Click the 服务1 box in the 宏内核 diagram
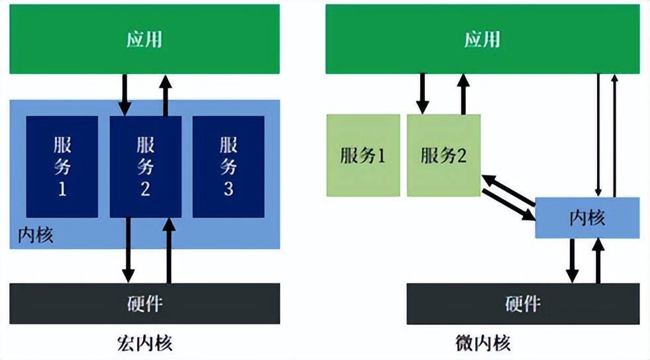click(x=62, y=166)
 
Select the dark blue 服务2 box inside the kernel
click(x=145, y=166)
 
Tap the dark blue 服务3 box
click(x=228, y=166)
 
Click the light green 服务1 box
click(x=363, y=156)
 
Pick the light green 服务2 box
click(x=443, y=156)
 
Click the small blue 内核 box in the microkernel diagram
click(x=587, y=218)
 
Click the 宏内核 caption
click(x=144, y=343)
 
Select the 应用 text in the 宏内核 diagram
click(x=144, y=40)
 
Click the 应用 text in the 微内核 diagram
click(x=482, y=40)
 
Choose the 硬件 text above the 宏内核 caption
click(x=144, y=304)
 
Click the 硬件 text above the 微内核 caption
click(x=523, y=304)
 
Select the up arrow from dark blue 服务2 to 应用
click(x=165, y=93)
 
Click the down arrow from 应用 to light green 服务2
click(x=422, y=93)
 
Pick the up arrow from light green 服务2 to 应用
click(x=463, y=93)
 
